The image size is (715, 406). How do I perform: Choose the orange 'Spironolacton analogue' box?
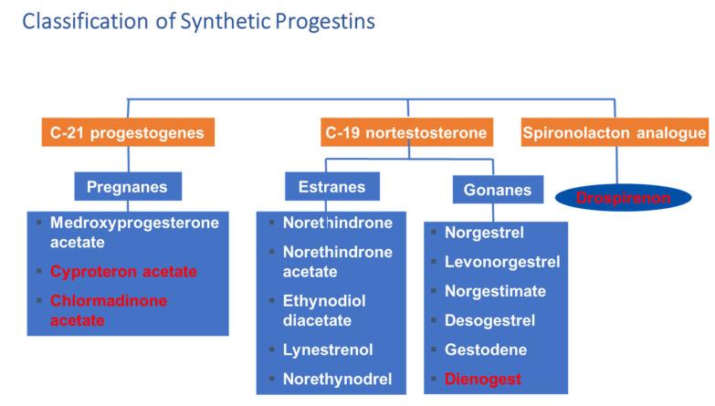click(x=615, y=133)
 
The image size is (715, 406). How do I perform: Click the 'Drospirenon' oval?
click(x=623, y=197)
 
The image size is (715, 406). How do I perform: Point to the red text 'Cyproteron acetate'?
click(x=124, y=271)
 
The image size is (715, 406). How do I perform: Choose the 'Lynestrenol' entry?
click(x=328, y=349)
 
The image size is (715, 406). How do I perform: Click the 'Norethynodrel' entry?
click(x=336, y=378)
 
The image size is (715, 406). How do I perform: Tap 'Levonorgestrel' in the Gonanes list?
click(x=501, y=262)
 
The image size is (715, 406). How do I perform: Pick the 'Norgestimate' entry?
click(x=495, y=291)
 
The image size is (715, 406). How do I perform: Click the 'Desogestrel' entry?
click(x=489, y=320)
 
